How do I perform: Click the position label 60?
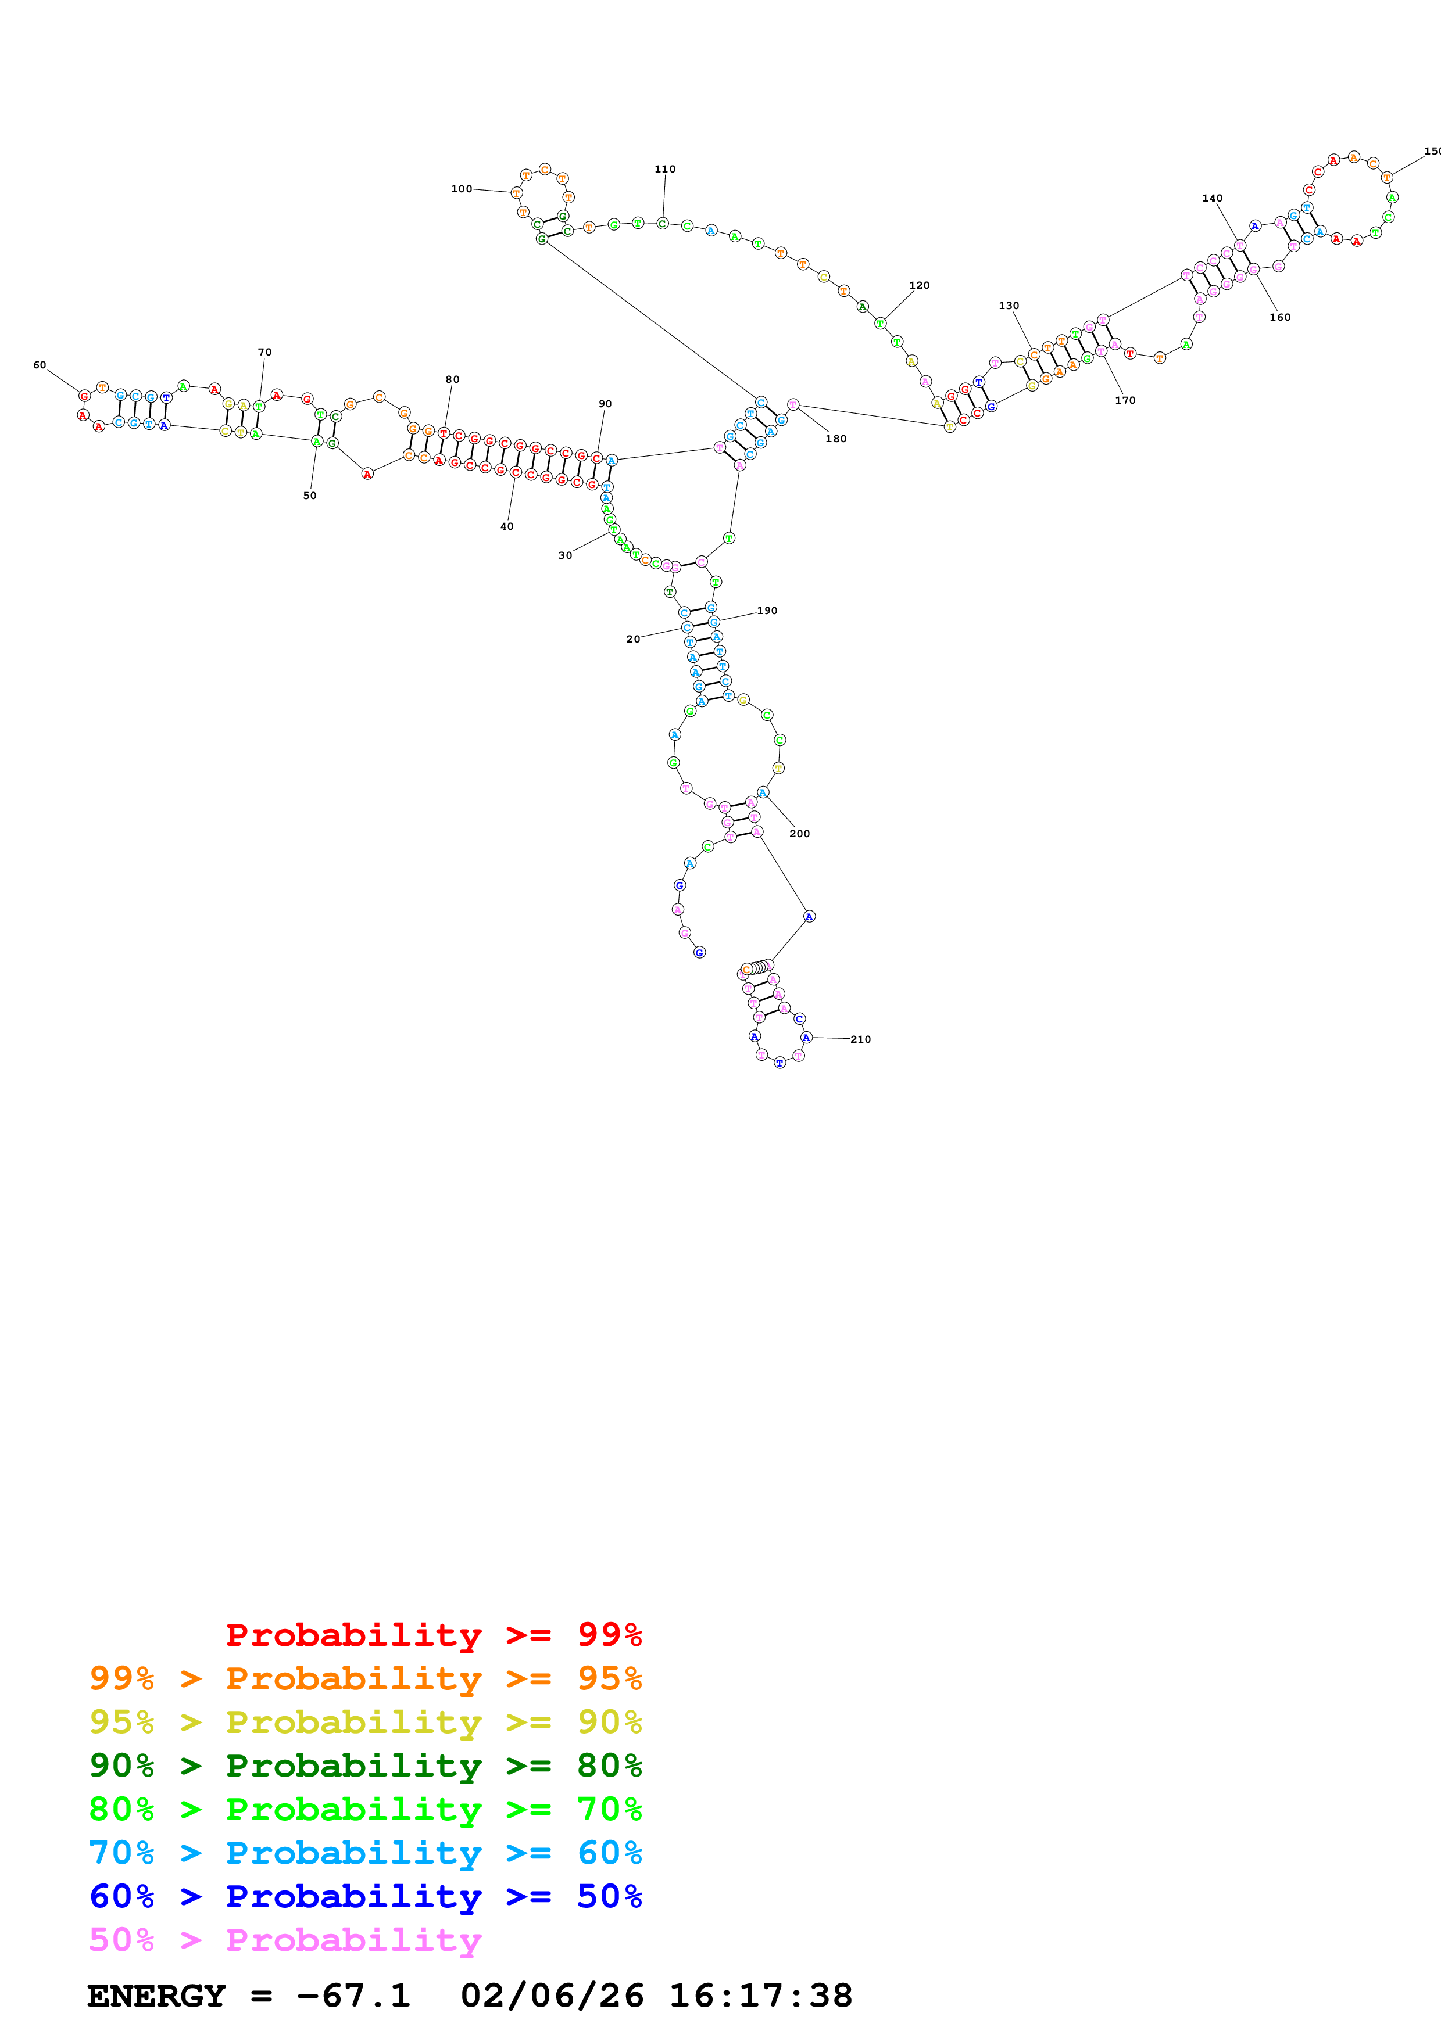39,365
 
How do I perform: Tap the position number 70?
264,353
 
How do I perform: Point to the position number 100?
462,189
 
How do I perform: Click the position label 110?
665,170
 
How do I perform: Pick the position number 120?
920,286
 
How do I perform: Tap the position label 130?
1009,306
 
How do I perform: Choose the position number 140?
1213,199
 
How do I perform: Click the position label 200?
800,834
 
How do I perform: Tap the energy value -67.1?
353,1996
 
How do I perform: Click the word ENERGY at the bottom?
156,1996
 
